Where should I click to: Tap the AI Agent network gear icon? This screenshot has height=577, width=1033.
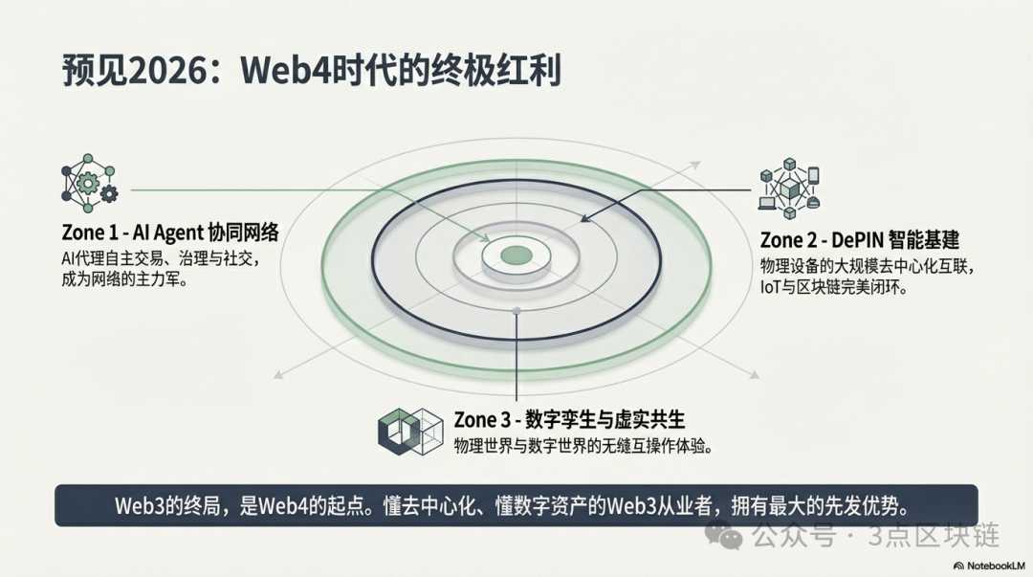pyautogui.click(x=89, y=184)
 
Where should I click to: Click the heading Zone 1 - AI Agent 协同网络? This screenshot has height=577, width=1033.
pyautogui.click(x=170, y=233)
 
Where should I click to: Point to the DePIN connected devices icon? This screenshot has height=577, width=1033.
pyautogui.click(x=789, y=189)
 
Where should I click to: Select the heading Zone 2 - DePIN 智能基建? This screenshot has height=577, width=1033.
pyautogui.click(x=860, y=240)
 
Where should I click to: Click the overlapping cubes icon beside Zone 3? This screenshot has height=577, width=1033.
pyautogui.click(x=409, y=432)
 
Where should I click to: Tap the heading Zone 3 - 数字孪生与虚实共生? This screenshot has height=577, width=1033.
pyautogui.click(x=569, y=419)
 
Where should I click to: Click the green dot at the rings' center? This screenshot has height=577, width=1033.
pyautogui.click(x=516, y=255)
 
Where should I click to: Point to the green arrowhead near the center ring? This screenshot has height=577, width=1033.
pyautogui.click(x=484, y=237)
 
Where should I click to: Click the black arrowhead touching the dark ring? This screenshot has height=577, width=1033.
pyautogui.click(x=585, y=217)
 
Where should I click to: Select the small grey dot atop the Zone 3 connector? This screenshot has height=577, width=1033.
pyautogui.click(x=516, y=311)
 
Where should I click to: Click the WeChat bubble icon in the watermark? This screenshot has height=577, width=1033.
pyautogui.click(x=724, y=534)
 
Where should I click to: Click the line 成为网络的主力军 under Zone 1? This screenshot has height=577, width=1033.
pyautogui.click(x=123, y=279)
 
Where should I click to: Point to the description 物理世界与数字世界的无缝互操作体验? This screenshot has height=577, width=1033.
pyautogui.click(x=582, y=446)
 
